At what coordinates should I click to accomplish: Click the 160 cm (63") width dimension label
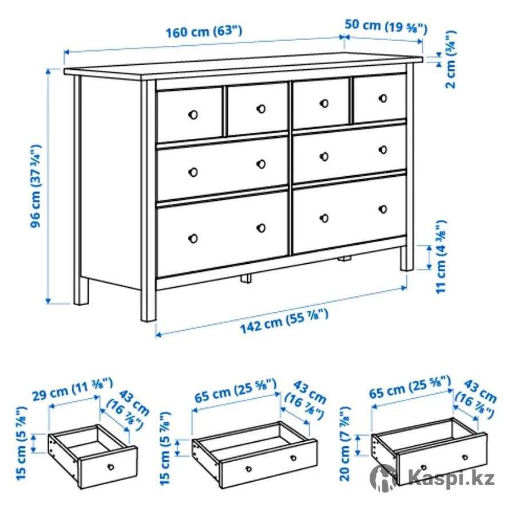point(204,32)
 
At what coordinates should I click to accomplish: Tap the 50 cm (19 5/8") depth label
point(386,26)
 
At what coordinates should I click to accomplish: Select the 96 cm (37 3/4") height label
point(35,186)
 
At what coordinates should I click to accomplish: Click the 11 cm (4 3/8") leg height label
point(441,257)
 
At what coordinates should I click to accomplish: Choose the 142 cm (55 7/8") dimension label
point(284,321)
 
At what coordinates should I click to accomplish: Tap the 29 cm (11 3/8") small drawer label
point(73,389)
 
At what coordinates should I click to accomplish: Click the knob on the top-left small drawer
point(193,114)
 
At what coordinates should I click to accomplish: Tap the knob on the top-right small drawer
point(383,98)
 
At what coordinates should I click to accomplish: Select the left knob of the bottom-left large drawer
point(193,239)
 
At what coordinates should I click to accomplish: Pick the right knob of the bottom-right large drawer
point(383,209)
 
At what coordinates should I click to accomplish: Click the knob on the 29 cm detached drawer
point(111,467)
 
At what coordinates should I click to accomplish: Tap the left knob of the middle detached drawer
point(249,469)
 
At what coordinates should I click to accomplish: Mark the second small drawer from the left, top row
point(257,109)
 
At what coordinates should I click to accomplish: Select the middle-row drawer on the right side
point(349,152)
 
